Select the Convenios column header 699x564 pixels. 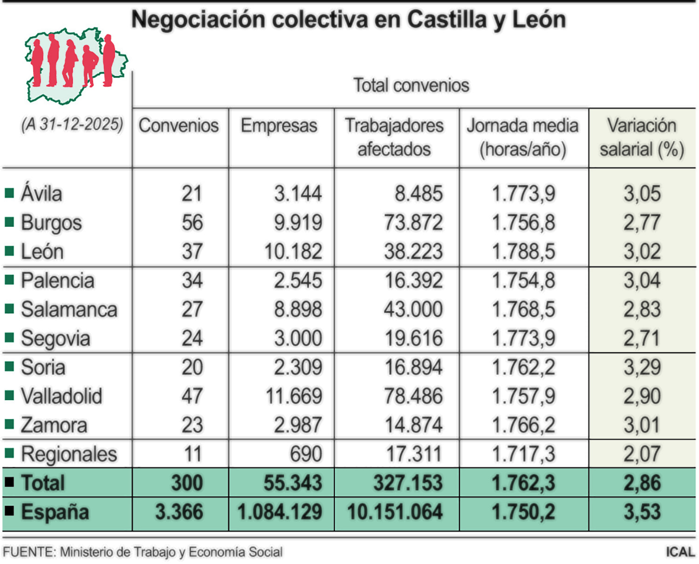pos(178,125)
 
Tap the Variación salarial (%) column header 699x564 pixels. pos(642,137)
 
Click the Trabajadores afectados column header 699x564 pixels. pos(394,137)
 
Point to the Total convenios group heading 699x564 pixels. pos(411,85)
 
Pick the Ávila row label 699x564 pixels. pos(41,194)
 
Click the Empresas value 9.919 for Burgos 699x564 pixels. pos(298,223)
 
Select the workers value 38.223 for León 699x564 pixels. pos(413,251)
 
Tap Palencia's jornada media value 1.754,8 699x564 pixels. pos(523,280)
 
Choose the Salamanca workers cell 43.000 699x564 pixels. pos(413,309)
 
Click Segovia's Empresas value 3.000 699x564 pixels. pos(298,338)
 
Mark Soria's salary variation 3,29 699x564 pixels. pos(642,367)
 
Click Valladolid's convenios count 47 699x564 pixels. pos(192,396)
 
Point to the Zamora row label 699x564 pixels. pos(54,425)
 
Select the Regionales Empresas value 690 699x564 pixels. pos(306,454)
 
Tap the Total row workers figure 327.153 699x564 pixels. pos(408,483)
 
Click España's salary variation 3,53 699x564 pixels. pos(642,512)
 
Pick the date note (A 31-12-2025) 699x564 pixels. pos(72,125)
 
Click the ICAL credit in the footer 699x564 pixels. pos(680,552)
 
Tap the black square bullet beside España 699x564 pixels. pos(9,511)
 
